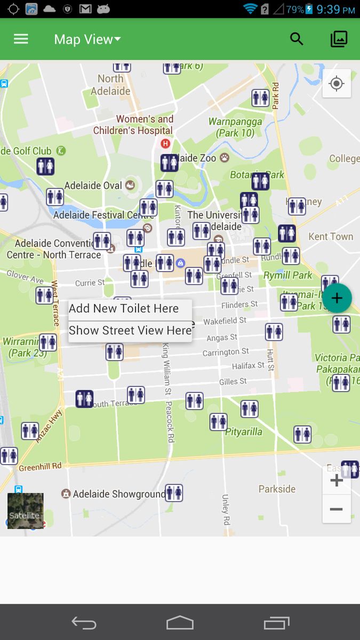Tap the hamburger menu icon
(x=21, y=39)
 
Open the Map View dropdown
(x=87, y=39)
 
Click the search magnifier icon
(x=297, y=39)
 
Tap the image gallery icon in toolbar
(x=339, y=39)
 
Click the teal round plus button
(x=337, y=298)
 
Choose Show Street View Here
(x=130, y=331)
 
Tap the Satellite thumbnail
(x=25, y=510)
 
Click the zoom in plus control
(x=337, y=481)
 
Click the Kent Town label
(x=331, y=236)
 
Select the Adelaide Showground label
(x=118, y=494)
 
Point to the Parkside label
(x=277, y=489)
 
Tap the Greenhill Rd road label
(x=40, y=467)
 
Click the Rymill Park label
(x=287, y=275)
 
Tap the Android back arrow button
(x=84, y=622)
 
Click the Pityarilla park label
(x=244, y=432)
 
